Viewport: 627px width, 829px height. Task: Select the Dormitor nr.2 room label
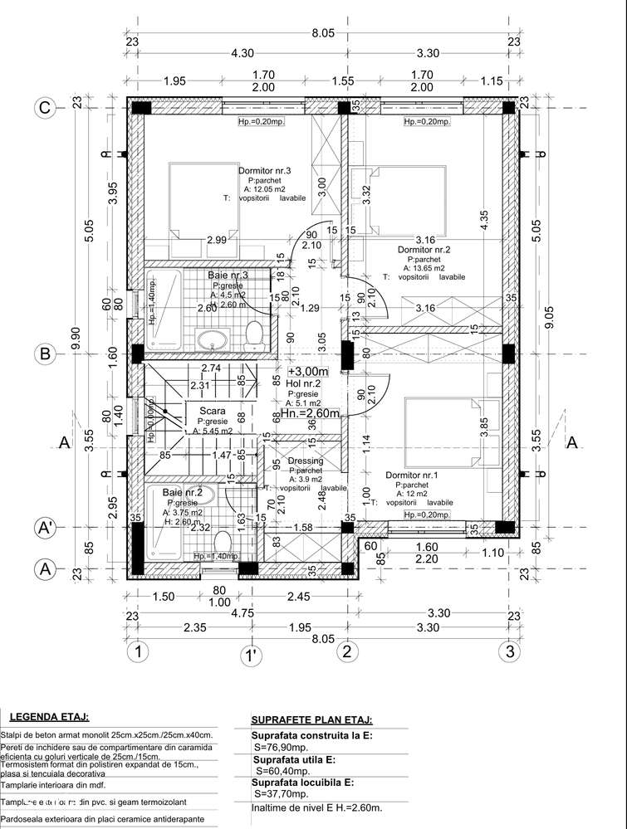[x=424, y=249]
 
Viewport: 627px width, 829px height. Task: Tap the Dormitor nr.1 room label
[x=412, y=475]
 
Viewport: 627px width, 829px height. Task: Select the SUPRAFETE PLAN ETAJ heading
[x=311, y=720]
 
